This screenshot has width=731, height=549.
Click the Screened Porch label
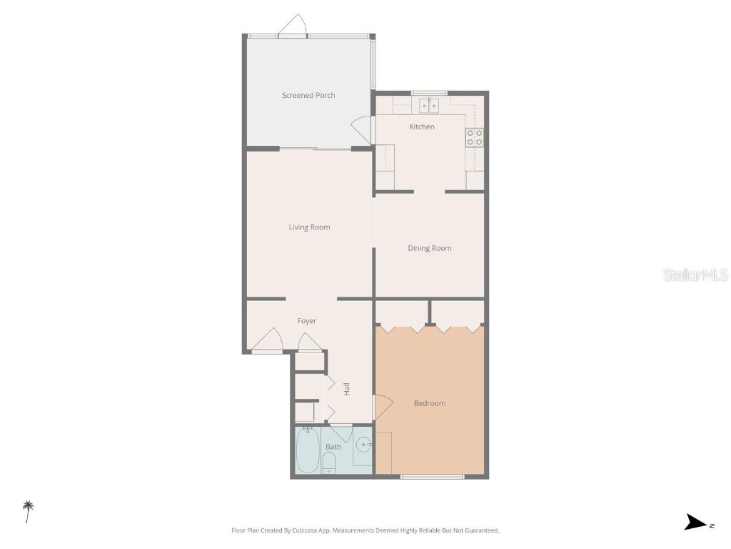click(x=308, y=96)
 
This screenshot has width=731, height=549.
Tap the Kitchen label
click(x=421, y=127)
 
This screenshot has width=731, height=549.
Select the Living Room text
click(x=309, y=227)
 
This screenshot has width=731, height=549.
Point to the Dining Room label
click(x=430, y=249)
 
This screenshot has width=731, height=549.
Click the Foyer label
click(x=307, y=322)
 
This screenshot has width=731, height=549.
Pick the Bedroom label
click(x=430, y=404)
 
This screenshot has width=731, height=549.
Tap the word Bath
click(x=333, y=447)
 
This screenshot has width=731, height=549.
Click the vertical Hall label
click(x=347, y=390)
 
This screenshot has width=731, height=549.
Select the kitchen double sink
click(x=429, y=106)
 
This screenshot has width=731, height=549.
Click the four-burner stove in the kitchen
click(x=475, y=137)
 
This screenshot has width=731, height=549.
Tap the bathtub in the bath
click(x=308, y=450)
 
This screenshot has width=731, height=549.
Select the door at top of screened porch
click(x=293, y=27)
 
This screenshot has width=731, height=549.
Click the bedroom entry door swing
click(x=383, y=407)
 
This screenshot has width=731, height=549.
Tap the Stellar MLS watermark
click(x=695, y=274)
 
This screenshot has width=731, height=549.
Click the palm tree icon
click(x=29, y=510)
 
